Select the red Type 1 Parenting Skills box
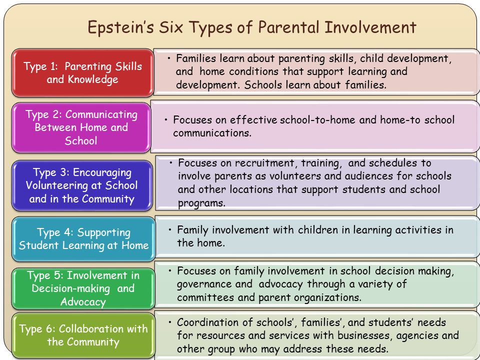pyautogui.click(x=83, y=73)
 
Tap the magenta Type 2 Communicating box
pyautogui.click(x=81, y=127)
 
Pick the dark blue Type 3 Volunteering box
pyautogui.click(x=81, y=185)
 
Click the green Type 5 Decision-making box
pyautogui.click(x=83, y=288)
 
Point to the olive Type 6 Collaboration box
pyautogui.click(x=83, y=335)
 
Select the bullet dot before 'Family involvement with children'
pyautogui.click(x=170, y=230)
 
